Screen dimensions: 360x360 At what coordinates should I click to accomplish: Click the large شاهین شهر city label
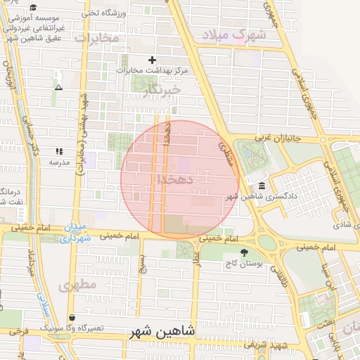[162, 330]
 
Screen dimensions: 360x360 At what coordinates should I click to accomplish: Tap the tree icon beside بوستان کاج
[244, 252]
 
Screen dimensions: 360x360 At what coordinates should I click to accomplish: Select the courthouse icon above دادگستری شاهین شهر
[262, 186]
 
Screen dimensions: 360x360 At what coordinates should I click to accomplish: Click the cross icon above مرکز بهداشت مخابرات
[151, 60]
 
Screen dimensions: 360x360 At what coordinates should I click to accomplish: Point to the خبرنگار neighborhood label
[162, 89]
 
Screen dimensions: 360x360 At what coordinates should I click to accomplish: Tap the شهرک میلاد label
[233, 34]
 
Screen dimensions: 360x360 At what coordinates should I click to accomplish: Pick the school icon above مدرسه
[59, 151]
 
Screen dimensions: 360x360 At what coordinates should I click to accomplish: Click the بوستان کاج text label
[244, 264]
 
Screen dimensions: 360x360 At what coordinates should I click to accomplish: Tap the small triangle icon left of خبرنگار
[58, 87]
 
